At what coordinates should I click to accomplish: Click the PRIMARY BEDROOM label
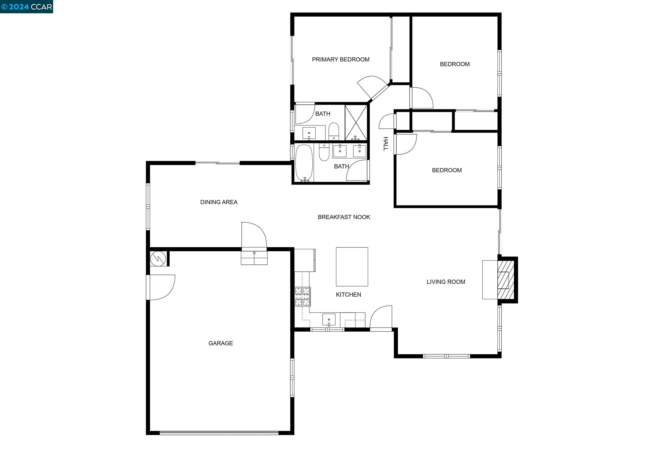coord(340,60)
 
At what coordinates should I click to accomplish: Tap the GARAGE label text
coord(221,343)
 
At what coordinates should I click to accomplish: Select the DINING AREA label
coord(219,202)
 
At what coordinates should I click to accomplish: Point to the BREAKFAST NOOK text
coord(344,217)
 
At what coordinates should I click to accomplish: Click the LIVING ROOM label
coord(446,282)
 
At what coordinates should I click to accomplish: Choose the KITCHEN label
coord(348,294)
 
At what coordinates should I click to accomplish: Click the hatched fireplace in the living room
coord(505,280)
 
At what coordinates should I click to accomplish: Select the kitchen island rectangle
coord(352,267)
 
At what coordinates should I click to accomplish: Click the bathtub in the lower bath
coord(304,163)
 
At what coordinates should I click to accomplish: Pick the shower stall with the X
coord(356,123)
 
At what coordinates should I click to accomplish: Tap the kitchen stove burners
coord(302,297)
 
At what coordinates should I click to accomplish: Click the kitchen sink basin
coord(329,320)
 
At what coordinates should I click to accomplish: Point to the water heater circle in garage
coord(158,258)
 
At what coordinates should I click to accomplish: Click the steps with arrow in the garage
coord(254,258)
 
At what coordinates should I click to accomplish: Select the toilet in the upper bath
coord(334,131)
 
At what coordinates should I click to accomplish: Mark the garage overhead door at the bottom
coord(219,433)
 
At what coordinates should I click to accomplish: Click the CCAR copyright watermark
coord(26,7)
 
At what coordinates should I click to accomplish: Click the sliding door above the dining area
coord(218,163)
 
